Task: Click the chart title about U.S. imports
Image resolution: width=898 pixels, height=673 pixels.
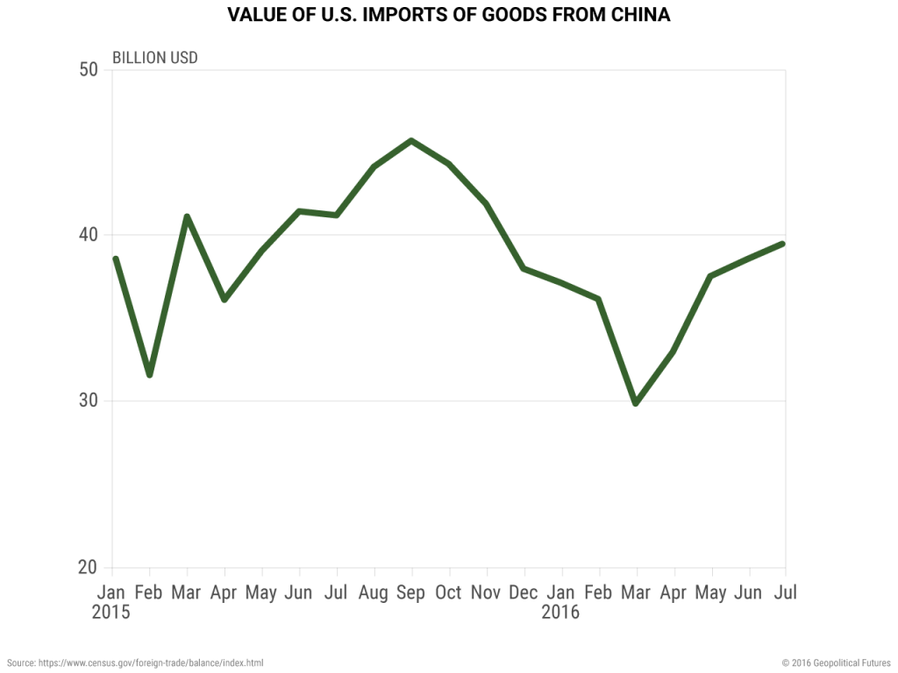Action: click(448, 16)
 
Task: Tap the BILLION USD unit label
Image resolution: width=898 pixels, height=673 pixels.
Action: click(154, 58)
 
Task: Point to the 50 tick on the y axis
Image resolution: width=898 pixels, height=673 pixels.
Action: click(87, 69)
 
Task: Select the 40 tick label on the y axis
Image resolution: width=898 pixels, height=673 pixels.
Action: click(87, 235)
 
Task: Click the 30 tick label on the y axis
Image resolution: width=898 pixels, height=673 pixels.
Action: click(87, 401)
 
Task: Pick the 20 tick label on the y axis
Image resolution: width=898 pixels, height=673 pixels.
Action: click(87, 567)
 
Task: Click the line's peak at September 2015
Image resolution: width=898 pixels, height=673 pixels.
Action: click(411, 140)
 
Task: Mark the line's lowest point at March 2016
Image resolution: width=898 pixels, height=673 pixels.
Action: click(636, 403)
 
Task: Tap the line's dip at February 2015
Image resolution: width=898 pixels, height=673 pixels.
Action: click(150, 375)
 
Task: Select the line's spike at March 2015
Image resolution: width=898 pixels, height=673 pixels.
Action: click(187, 216)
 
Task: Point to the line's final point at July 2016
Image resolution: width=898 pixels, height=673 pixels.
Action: click(782, 244)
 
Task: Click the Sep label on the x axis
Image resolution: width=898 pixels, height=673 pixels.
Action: click(410, 593)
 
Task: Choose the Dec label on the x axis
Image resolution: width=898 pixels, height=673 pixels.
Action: click(524, 593)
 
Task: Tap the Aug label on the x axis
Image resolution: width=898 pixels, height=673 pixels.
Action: click(374, 593)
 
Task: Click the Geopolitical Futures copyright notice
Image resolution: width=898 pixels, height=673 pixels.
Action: click(836, 663)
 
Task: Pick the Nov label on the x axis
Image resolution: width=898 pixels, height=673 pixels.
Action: click(486, 593)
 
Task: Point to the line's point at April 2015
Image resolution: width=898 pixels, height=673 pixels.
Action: click(224, 300)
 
